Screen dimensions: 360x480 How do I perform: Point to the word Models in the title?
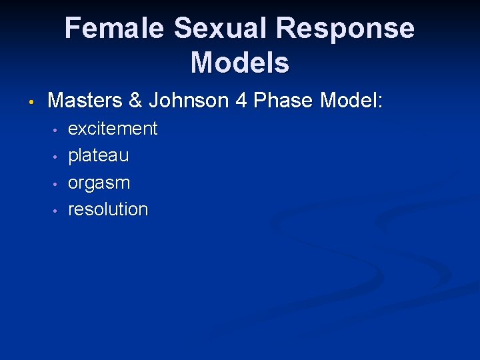pyautogui.click(x=240, y=63)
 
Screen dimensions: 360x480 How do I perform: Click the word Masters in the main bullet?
pyautogui.click(x=85, y=101)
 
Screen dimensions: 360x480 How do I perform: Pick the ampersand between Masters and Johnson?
pyautogui.click(x=135, y=101)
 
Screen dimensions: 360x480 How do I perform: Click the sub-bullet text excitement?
pyautogui.click(x=113, y=129)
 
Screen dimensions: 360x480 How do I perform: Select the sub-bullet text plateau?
pyautogui.click(x=99, y=156)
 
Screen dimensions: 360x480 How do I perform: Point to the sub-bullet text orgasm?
pyautogui.click(x=99, y=183)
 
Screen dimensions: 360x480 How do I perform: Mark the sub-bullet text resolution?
pyautogui.click(x=108, y=209)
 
